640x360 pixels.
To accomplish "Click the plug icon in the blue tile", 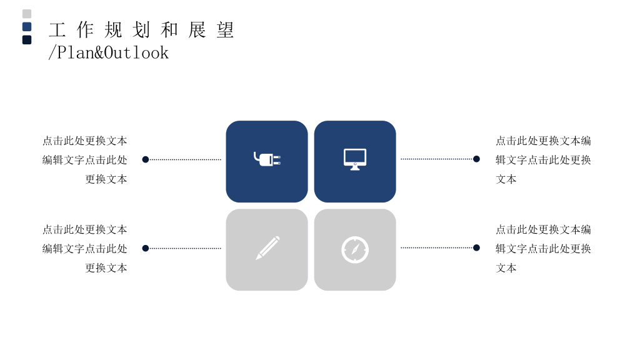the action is point(267,159).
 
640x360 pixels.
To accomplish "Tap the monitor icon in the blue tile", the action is point(355,159).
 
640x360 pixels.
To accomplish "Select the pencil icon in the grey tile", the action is point(267,247).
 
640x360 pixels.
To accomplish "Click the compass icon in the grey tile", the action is point(355,250).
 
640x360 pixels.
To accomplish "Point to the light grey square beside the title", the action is point(27,14).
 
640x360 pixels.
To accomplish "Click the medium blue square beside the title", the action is point(27,27).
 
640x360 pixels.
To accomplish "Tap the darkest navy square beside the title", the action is point(27,40).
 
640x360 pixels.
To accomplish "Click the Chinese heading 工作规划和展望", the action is point(141,30).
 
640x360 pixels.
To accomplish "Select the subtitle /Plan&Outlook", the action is point(108,52).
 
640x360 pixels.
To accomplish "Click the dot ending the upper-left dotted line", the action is point(145,159).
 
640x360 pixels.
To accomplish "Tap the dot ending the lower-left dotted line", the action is point(145,248).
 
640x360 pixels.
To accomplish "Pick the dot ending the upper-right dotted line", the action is point(476,159).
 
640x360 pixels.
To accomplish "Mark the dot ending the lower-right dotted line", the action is point(476,247).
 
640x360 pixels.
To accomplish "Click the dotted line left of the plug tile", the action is point(185,159).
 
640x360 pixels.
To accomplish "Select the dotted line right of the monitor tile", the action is point(437,159).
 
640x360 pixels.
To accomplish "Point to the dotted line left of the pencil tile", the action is point(185,248).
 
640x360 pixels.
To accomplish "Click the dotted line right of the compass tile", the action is point(437,247).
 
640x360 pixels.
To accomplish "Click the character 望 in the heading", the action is point(225,30).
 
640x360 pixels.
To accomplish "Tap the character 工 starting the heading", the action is point(57,30).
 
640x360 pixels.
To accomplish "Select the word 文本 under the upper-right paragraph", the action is point(506,179).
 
